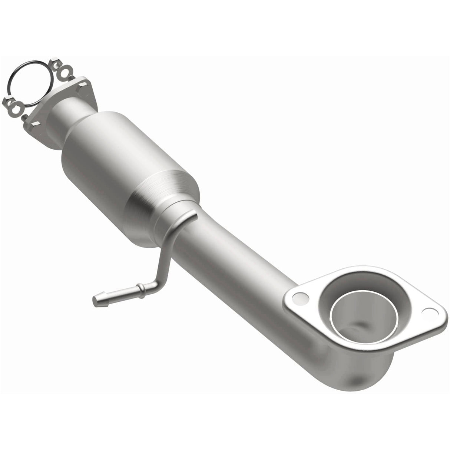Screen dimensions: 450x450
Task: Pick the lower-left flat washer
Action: pos(16,108)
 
